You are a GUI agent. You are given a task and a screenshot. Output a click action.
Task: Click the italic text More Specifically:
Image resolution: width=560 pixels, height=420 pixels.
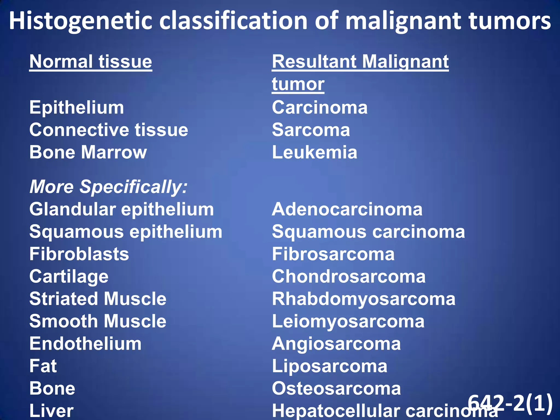point(108,187)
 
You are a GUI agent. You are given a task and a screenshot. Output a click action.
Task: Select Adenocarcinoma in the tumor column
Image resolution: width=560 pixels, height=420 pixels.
point(347,209)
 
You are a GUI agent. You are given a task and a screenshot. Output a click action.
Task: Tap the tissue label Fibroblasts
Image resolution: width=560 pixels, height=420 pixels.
point(79,254)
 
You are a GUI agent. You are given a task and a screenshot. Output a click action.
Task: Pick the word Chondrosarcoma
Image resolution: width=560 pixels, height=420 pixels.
point(349,276)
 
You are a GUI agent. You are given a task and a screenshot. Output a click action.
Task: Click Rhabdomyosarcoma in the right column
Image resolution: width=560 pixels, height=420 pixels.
point(364,299)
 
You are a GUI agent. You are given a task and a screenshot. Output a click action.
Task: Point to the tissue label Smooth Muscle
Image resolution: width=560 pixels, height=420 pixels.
point(98,321)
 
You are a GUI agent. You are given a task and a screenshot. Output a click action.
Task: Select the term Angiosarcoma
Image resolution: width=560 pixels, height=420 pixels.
point(336,344)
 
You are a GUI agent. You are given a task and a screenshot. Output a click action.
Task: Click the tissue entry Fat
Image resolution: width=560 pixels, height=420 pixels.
point(43,366)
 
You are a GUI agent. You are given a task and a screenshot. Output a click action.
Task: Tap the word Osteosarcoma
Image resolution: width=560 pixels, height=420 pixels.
point(336,389)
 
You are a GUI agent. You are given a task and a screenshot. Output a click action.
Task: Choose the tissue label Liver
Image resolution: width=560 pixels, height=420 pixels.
point(51,411)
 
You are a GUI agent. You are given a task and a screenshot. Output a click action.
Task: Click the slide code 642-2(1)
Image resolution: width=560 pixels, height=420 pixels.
point(510,403)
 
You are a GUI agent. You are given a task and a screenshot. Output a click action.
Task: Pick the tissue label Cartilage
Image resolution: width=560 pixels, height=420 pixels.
point(69,276)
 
